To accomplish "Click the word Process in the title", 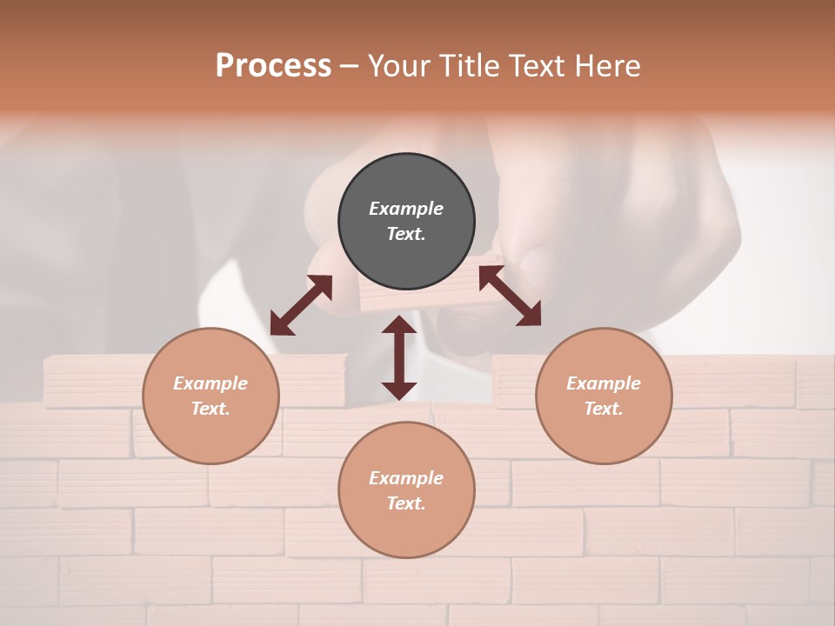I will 273,66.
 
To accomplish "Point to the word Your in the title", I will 399,66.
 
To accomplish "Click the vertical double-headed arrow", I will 399,357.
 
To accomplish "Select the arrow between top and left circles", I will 301,305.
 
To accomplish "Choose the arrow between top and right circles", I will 510,296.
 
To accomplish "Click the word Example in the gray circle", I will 406,209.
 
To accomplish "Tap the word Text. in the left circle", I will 210,409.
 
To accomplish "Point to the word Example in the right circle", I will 604,383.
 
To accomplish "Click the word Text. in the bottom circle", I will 406,503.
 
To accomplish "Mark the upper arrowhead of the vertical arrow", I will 399,325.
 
